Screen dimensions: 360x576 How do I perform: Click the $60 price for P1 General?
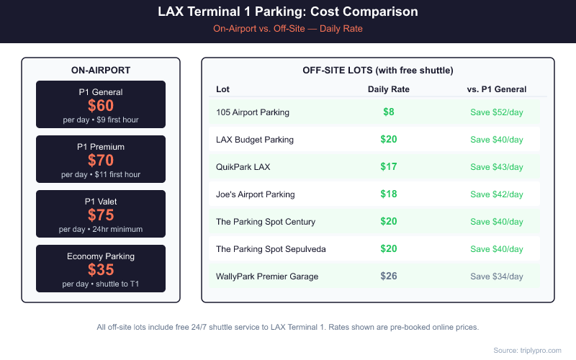[x=101, y=106]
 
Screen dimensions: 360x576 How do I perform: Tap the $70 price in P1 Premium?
[x=101, y=161]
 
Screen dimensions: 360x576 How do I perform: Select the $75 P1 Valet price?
[x=101, y=215]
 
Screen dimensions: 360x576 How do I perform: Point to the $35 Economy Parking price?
[x=101, y=270]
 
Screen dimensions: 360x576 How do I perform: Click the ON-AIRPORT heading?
[x=101, y=70]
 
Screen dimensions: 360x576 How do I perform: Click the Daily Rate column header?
[x=388, y=89]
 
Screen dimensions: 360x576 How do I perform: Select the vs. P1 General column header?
[x=497, y=89]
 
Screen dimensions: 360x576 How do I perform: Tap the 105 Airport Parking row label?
[x=253, y=112]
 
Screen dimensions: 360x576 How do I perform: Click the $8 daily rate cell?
[x=388, y=112]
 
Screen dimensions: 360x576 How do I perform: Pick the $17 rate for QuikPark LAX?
[x=388, y=167]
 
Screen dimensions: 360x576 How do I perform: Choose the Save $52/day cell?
[x=497, y=112]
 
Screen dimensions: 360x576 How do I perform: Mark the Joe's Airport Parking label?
[x=256, y=194]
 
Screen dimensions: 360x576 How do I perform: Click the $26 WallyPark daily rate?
[x=388, y=276]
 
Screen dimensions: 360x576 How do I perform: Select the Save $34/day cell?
[x=497, y=276]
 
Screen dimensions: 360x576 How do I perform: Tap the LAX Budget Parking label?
[x=255, y=140]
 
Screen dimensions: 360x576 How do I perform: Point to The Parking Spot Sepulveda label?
[x=271, y=249]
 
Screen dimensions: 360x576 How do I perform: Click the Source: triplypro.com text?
[x=527, y=350]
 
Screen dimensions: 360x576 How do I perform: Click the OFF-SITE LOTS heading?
[x=378, y=71]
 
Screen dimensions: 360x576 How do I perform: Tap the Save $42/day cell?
[x=497, y=194]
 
